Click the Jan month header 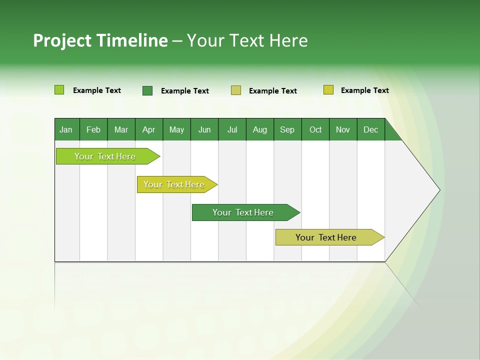[66, 129]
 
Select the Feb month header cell [93, 129]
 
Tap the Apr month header [149, 129]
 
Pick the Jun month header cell [204, 129]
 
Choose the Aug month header [260, 129]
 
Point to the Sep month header [287, 129]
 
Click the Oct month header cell [315, 129]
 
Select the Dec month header [371, 129]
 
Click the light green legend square [59, 90]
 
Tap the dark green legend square [147, 90]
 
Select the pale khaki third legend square [236, 90]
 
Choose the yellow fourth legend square [328, 90]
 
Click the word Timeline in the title [131, 40]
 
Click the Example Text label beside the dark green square [184, 91]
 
